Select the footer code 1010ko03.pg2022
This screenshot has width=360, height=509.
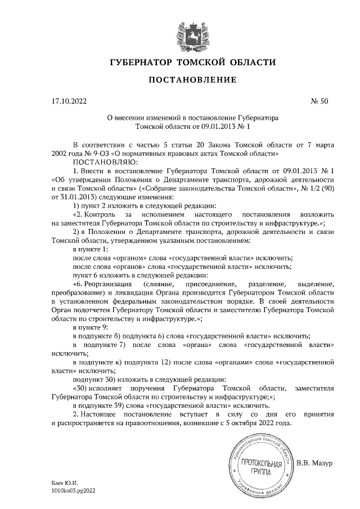[74, 490]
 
